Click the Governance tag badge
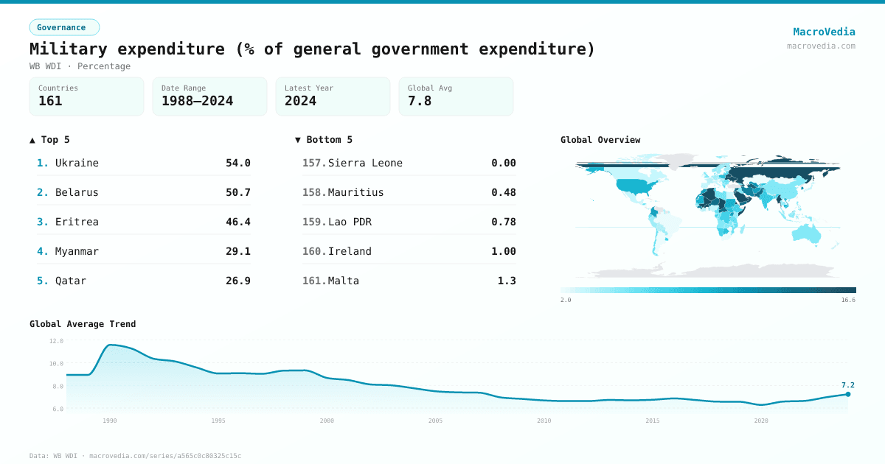point(64,27)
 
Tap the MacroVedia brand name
point(824,32)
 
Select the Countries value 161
point(50,101)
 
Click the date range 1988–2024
point(197,101)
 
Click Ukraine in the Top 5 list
point(77,163)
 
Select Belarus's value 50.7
point(237,192)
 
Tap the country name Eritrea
point(77,222)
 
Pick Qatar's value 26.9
point(237,281)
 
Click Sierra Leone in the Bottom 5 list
point(365,163)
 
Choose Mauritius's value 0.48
point(503,192)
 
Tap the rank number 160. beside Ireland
point(314,251)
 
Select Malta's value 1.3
point(507,281)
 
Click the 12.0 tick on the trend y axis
point(56,341)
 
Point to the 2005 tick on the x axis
point(435,421)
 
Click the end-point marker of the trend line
point(848,394)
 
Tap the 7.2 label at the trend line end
point(847,384)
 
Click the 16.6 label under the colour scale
point(848,300)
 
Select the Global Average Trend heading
point(83,324)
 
